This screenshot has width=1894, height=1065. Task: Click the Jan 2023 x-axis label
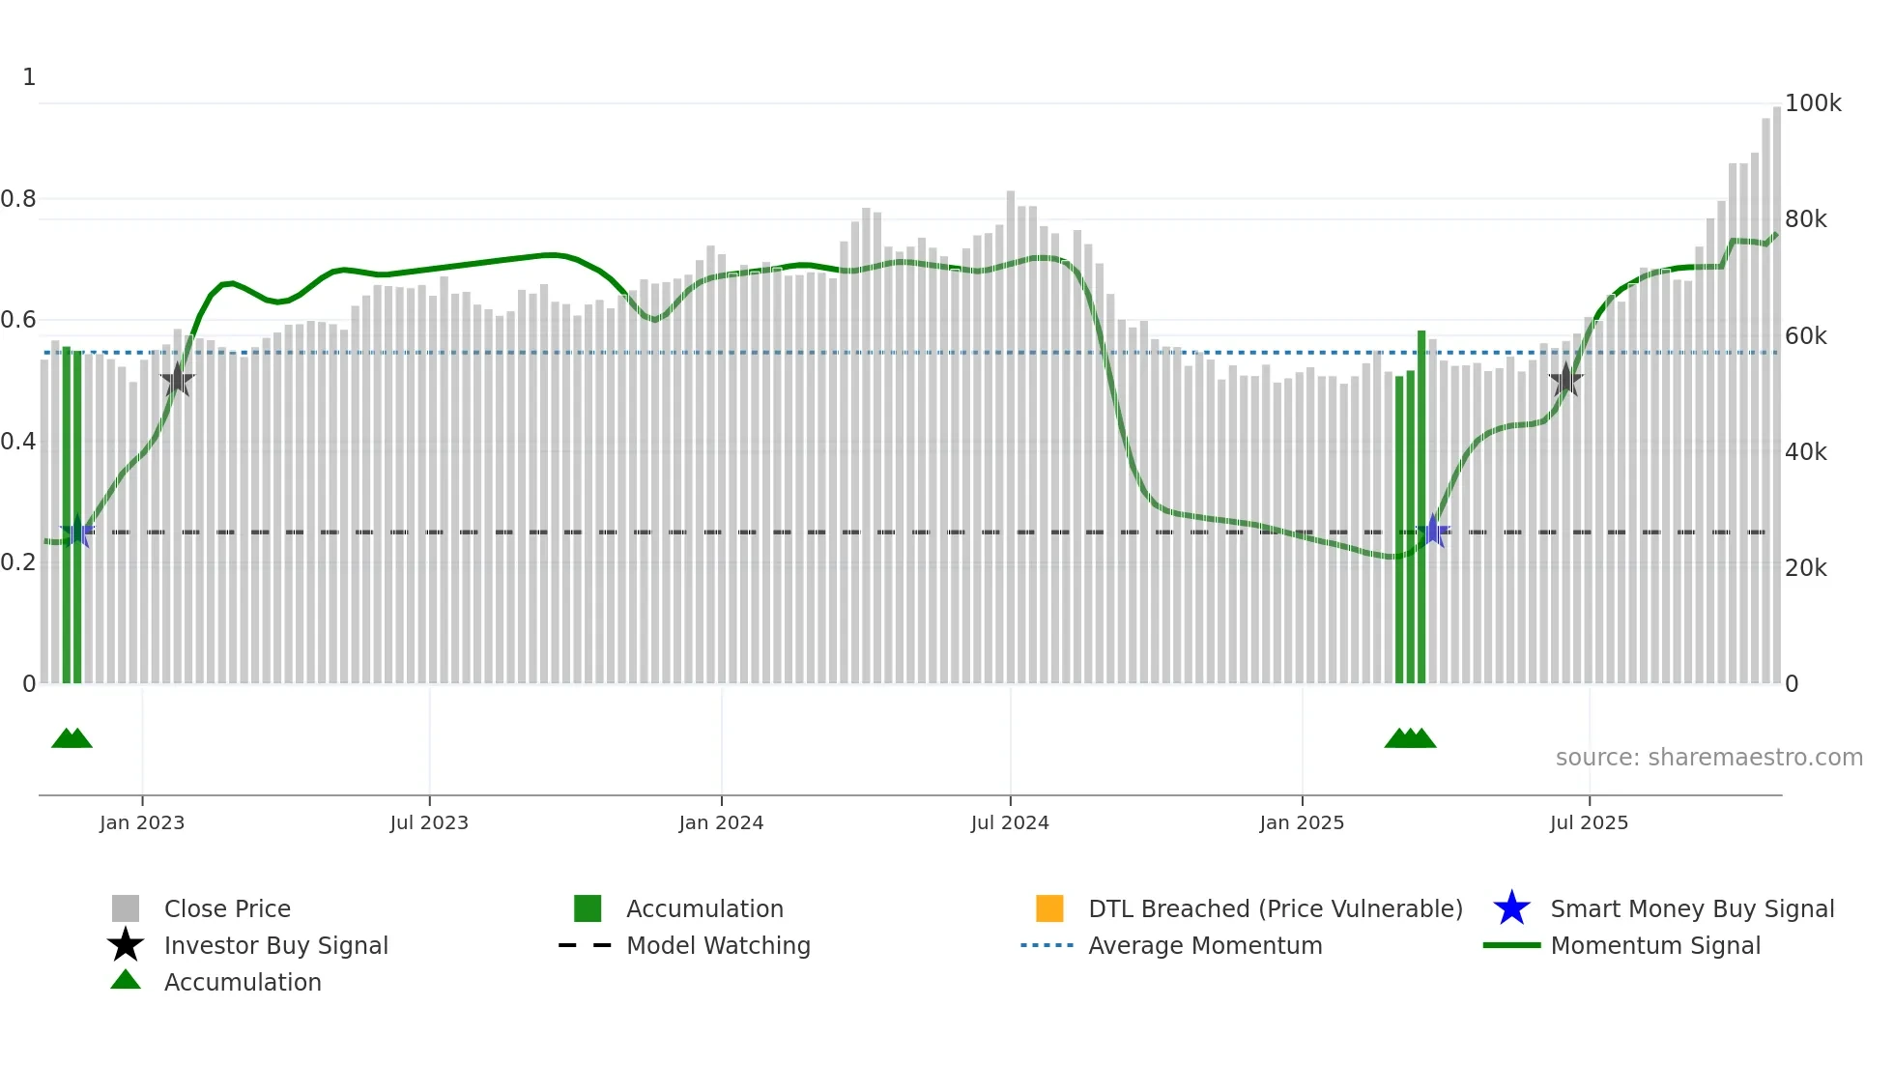(x=141, y=822)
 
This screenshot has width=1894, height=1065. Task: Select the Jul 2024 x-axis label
(x=1009, y=822)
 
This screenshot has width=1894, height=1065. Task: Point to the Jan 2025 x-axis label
(x=1301, y=822)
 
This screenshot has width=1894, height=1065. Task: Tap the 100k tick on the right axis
(x=1812, y=103)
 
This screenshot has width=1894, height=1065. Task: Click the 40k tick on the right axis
(x=1805, y=452)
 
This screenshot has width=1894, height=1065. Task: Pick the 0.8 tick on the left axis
(x=18, y=199)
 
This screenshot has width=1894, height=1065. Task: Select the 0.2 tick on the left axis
(x=18, y=562)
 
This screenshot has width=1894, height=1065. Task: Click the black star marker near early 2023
(x=177, y=380)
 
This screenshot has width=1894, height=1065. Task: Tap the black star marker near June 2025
(x=1565, y=380)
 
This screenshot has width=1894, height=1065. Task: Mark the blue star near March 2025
(x=1433, y=532)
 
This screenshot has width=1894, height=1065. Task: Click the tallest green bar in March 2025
(x=1421, y=507)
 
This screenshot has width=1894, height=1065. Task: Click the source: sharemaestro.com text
(x=1708, y=758)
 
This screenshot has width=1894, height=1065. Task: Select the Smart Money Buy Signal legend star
(x=1511, y=908)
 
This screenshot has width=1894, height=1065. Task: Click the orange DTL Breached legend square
(x=1049, y=908)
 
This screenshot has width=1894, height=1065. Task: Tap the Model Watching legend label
(x=718, y=945)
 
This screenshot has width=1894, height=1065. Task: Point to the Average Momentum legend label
(x=1205, y=945)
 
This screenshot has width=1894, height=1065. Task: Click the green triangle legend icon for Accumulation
(x=126, y=981)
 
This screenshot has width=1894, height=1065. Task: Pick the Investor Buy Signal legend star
(x=126, y=945)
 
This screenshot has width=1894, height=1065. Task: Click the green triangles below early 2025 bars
(x=1410, y=739)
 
